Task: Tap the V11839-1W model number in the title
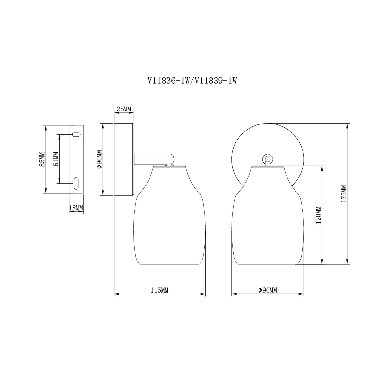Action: pyautogui.click(x=215, y=81)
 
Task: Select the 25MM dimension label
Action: pyautogui.click(x=124, y=109)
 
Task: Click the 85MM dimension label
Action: pyautogui.click(x=42, y=159)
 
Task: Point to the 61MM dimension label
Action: pyautogui.click(x=56, y=159)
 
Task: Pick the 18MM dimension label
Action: pyautogui.click(x=76, y=208)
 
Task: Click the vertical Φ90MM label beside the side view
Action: pyautogui.click(x=99, y=159)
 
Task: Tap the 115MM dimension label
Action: pyautogui.click(x=159, y=290)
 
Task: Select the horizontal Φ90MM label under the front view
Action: pyautogui.click(x=268, y=290)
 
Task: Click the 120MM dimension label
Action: pyautogui.click(x=319, y=215)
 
